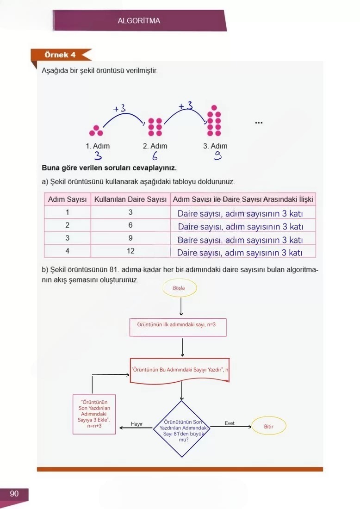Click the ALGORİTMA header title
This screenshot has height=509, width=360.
[x=139, y=21]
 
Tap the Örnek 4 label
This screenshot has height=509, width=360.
[x=60, y=55]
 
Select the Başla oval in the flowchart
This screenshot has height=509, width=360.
[x=179, y=288]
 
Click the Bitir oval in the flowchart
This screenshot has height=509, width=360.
[x=269, y=427]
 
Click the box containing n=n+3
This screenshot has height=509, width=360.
[x=94, y=414]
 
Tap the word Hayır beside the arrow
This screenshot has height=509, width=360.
[x=137, y=424]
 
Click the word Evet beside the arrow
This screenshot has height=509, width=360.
[x=230, y=423]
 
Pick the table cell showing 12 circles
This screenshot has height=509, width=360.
[x=130, y=251]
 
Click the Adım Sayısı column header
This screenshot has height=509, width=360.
[x=68, y=199]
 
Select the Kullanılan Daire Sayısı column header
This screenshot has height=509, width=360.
[x=130, y=199]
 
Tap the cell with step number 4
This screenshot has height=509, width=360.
[x=68, y=251]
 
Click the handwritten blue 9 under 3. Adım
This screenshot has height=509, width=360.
[x=217, y=156]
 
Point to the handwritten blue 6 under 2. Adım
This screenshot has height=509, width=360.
[x=155, y=156]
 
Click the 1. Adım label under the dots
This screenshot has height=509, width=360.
[x=98, y=146]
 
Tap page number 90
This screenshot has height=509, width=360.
[x=14, y=494]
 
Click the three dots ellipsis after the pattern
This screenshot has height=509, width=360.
[x=259, y=123]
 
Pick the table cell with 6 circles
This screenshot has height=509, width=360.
[x=130, y=225]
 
